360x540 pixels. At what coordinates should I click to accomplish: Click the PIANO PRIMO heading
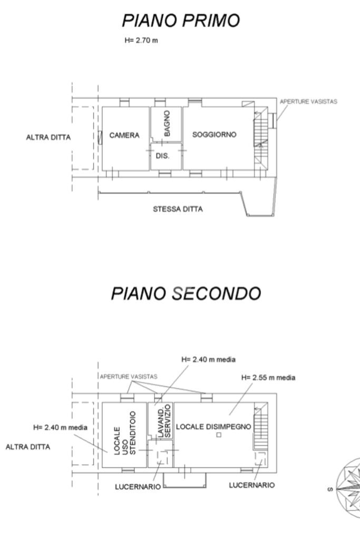pyautogui.click(x=181, y=21)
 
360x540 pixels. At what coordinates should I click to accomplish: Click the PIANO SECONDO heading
pyautogui.click(x=186, y=293)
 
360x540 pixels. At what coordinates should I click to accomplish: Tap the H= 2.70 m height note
pyautogui.click(x=141, y=40)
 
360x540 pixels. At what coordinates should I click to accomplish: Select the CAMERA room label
pyautogui.click(x=124, y=135)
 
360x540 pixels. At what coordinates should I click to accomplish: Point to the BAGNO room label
pyautogui.click(x=167, y=123)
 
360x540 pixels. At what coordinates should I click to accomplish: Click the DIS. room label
pyautogui.click(x=162, y=155)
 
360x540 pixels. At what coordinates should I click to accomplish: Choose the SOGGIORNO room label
pyautogui.click(x=215, y=135)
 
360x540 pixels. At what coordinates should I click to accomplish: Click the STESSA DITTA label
pyautogui.click(x=178, y=209)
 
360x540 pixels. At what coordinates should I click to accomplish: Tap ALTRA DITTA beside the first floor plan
pyautogui.click(x=48, y=138)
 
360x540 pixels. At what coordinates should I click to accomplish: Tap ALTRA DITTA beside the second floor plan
pyautogui.click(x=28, y=447)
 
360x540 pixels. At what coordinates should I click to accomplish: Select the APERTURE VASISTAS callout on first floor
pyautogui.click(x=308, y=102)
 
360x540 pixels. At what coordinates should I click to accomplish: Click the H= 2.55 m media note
pyautogui.click(x=268, y=377)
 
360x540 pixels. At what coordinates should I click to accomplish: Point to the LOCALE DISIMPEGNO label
pyautogui.click(x=213, y=427)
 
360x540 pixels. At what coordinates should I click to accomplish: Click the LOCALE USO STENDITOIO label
pyautogui.click(x=125, y=433)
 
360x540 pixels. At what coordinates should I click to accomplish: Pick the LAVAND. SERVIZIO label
pyautogui.click(x=164, y=421)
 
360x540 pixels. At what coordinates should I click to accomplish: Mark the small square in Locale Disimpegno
pyautogui.click(x=219, y=435)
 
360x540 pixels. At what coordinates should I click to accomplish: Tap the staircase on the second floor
pyautogui.click(x=261, y=426)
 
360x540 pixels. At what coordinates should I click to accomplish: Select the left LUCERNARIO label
pyautogui.click(x=138, y=487)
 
